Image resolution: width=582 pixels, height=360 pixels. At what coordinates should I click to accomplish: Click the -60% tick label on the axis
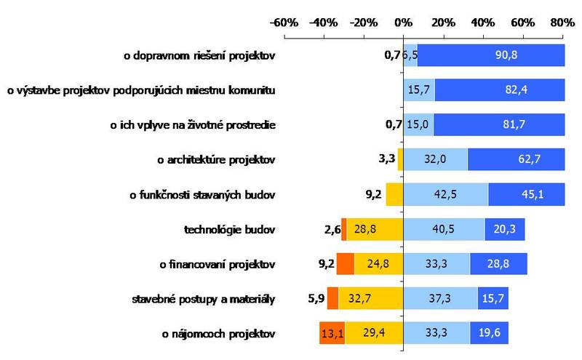tap(284, 23)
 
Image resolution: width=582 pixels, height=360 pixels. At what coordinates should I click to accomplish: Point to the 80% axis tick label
tap(562, 23)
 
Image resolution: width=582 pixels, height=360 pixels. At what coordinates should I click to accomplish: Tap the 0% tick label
tap(404, 23)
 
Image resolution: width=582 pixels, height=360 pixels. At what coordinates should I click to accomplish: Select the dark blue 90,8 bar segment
tap(491, 55)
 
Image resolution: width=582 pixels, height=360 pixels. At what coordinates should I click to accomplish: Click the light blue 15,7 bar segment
tap(419, 90)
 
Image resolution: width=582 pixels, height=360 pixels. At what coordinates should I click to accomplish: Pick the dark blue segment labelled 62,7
tap(516, 159)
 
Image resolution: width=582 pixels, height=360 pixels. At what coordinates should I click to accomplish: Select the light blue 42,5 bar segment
tap(445, 194)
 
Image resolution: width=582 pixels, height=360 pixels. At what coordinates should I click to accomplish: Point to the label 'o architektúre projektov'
tap(217, 159)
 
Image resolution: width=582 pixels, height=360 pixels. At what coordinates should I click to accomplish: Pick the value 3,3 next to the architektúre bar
tap(386, 159)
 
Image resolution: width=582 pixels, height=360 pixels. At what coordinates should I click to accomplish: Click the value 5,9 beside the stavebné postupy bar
tap(316, 298)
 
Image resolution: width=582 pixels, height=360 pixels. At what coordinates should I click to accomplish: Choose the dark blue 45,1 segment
tap(526, 194)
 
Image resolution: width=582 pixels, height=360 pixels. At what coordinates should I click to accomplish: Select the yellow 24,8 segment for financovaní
tap(378, 264)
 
